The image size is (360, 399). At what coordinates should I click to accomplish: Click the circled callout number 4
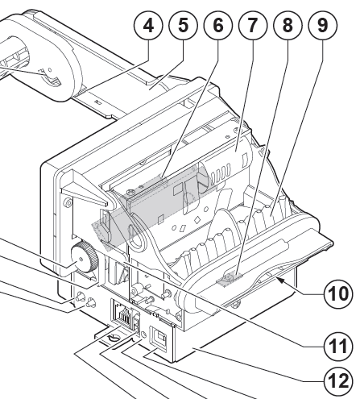click(148, 26)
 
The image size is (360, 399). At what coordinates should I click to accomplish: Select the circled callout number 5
click(184, 26)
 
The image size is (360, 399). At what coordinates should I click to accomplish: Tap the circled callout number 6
click(218, 26)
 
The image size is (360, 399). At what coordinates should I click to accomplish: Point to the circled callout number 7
click(253, 26)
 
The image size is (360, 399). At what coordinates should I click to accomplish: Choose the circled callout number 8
click(288, 26)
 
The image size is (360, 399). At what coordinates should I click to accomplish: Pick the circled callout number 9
click(322, 26)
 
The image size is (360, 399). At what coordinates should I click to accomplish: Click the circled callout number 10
click(339, 294)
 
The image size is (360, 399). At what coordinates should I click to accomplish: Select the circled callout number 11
click(339, 346)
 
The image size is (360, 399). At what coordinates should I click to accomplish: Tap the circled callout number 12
click(339, 381)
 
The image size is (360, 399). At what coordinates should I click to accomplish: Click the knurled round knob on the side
click(84, 257)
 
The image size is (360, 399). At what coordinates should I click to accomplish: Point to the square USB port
click(159, 339)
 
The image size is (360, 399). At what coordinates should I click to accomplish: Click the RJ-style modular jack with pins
click(123, 312)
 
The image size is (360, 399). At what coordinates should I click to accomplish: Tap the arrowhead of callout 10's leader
click(279, 281)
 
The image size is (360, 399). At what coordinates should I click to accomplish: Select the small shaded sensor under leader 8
click(229, 277)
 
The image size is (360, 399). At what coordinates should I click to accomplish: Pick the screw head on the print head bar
click(130, 192)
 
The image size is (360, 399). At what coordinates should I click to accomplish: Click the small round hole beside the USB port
click(143, 335)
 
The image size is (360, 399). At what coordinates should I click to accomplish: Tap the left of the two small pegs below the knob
click(80, 297)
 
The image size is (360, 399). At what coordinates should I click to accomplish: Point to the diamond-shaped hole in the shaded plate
click(197, 220)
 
